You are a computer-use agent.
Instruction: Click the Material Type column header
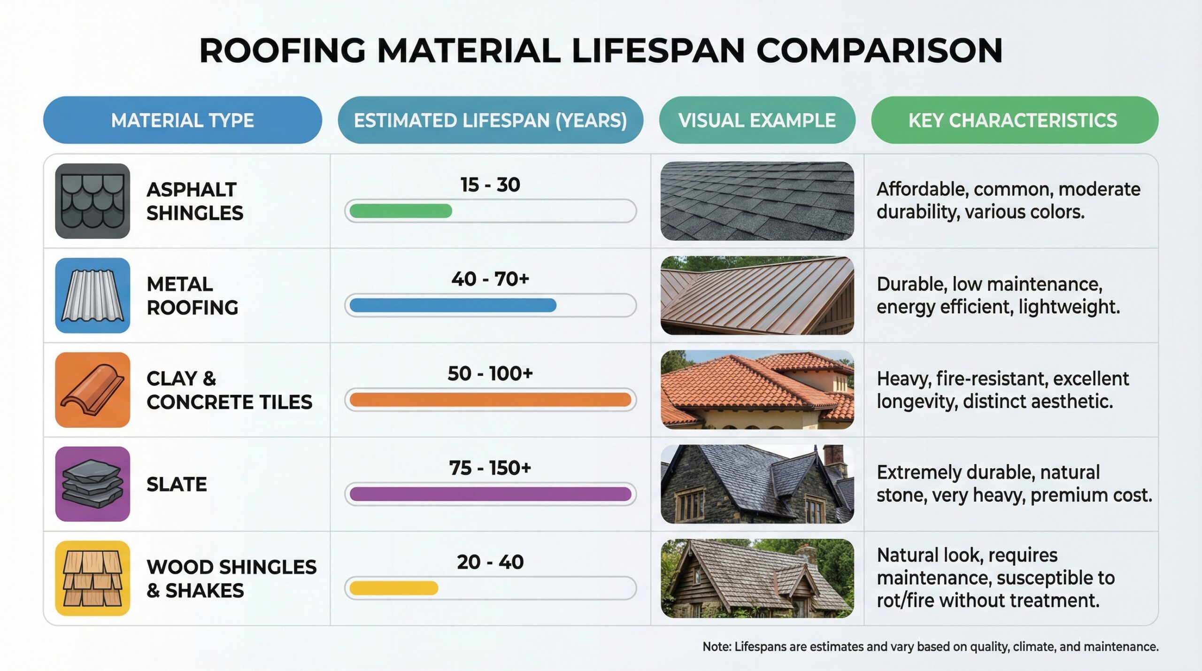click(182, 120)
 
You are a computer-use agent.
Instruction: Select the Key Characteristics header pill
click(1014, 120)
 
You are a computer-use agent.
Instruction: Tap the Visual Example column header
click(757, 120)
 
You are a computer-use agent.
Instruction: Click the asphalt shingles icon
click(92, 201)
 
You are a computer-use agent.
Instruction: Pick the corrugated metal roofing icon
click(92, 295)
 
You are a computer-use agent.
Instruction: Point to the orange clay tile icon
click(92, 390)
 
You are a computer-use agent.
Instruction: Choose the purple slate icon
click(92, 484)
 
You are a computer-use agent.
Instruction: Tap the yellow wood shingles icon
click(92, 578)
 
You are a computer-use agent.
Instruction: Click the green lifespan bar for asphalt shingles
click(401, 211)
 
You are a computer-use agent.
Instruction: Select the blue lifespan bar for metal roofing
click(453, 306)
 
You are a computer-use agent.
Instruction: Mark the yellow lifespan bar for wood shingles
click(393, 588)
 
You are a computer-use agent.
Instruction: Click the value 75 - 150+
click(490, 468)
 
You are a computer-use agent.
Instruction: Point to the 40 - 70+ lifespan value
click(490, 279)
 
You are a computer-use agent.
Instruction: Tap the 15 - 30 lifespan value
click(490, 185)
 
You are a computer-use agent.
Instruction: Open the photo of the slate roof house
click(757, 484)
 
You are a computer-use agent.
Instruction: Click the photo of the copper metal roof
click(757, 295)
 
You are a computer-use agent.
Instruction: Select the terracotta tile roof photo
click(757, 390)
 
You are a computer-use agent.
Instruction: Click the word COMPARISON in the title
click(879, 50)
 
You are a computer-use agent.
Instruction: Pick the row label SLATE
click(177, 485)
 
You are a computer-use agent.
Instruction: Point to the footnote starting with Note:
click(930, 647)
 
